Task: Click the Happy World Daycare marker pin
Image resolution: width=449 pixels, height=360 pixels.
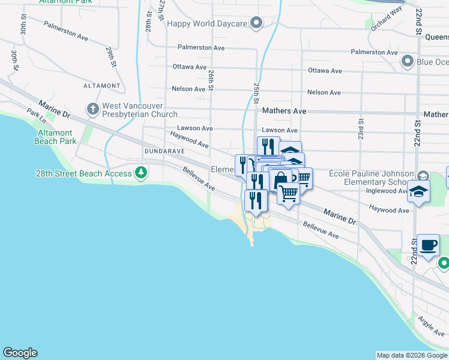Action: [x=257, y=23]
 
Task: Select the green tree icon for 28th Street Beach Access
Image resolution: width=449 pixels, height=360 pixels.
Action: [x=141, y=173]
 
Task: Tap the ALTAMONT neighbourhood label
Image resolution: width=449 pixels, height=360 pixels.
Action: [x=102, y=86]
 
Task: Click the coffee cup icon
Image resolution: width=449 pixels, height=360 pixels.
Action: [x=429, y=245]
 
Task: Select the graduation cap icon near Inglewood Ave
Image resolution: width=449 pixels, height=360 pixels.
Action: [x=418, y=191]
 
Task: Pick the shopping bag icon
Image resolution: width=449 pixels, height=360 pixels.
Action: [x=280, y=179]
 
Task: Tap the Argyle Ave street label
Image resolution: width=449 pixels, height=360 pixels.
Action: [x=431, y=326]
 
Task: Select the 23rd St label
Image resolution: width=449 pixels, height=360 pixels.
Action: [x=361, y=128]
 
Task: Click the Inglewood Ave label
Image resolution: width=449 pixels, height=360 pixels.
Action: [x=387, y=191]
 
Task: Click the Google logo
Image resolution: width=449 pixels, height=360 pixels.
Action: [x=20, y=353]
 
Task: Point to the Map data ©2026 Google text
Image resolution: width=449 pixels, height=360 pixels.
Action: [x=412, y=355]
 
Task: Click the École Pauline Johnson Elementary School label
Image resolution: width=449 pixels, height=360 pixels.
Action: [x=371, y=178]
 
